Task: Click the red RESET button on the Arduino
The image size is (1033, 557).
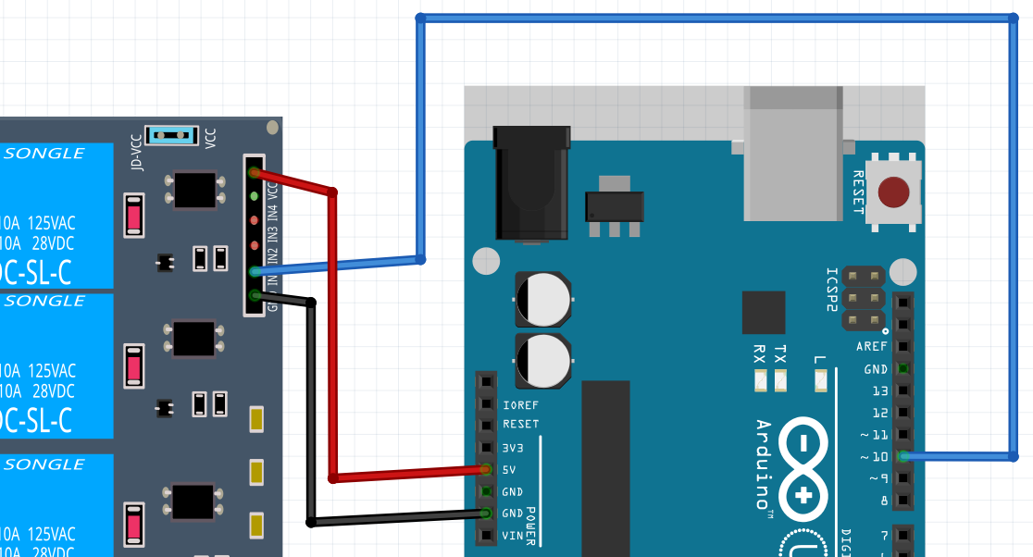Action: (893, 192)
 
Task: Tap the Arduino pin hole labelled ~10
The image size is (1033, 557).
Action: (902, 456)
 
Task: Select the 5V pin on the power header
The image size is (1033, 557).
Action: (485, 470)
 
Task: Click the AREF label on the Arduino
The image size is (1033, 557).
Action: (872, 346)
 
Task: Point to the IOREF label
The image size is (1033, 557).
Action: (520, 405)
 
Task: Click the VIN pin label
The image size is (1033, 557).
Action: (513, 535)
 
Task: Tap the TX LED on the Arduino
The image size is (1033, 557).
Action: (780, 379)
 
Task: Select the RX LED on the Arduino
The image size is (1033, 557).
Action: (759, 379)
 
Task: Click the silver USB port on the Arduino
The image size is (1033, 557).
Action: (793, 153)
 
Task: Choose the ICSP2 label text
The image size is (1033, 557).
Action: (831, 290)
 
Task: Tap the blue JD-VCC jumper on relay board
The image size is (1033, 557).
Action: (172, 136)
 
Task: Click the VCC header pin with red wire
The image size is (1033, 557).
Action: (255, 173)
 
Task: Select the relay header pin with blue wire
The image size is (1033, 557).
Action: (255, 271)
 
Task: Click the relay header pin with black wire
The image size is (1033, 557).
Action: (255, 296)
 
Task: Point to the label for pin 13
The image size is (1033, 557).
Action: (879, 391)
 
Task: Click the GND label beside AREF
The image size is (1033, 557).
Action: (876, 369)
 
